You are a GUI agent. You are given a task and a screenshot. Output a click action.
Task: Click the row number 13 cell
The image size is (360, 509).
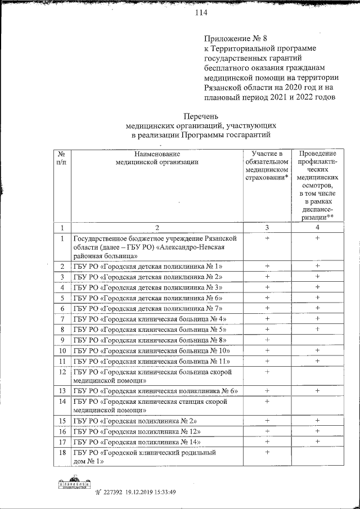pyautogui.click(x=61, y=391)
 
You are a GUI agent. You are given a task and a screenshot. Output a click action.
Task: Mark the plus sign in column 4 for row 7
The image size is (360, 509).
pyautogui.click(x=317, y=319)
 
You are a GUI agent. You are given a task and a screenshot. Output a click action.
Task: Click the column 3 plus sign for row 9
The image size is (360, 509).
pyautogui.click(x=267, y=340)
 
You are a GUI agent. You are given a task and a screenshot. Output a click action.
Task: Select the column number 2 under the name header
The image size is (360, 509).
pyautogui.click(x=157, y=228)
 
